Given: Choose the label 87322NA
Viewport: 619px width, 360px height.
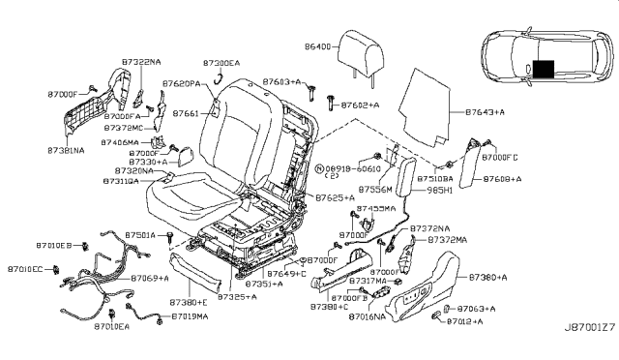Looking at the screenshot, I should coord(141,63).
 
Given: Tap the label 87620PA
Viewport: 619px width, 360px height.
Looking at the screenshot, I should coord(181,85).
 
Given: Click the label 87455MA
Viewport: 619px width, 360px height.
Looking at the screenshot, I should coord(375,209).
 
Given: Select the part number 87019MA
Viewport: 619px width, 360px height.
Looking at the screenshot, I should coord(191,316).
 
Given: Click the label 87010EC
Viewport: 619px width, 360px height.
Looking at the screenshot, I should coord(25,268).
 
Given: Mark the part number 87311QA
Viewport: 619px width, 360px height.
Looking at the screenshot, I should coord(126,180).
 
